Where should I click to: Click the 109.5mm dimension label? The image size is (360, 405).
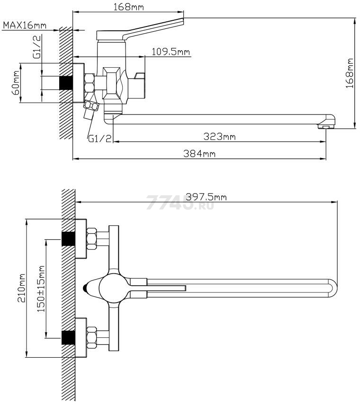[171, 52]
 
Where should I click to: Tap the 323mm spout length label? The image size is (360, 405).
[220, 136]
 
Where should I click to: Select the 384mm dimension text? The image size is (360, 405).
[199, 154]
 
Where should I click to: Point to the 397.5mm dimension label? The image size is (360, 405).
[207, 197]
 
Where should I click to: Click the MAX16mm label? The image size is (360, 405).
[25, 26]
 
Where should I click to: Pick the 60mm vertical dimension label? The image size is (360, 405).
[16, 83]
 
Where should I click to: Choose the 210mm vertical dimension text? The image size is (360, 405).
[21, 288]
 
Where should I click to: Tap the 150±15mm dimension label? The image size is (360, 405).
[41, 289]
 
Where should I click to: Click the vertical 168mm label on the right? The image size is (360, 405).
[350, 73]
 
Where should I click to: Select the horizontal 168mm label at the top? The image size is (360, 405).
[128, 7]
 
